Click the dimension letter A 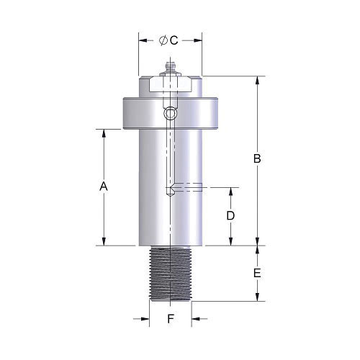click(x=104, y=186)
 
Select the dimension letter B click(x=257, y=158)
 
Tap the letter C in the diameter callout click(x=174, y=40)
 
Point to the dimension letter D click(x=230, y=216)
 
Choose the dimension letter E click(x=257, y=274)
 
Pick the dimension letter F click(x=171, y=319)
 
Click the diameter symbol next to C click(x=163, y=40)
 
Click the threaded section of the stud click(x=171, y=274)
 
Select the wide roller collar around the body click(x=171, y=113)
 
